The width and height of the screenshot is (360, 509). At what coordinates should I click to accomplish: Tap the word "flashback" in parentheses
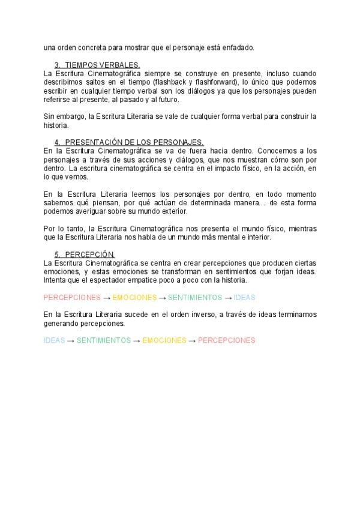click(170, 82)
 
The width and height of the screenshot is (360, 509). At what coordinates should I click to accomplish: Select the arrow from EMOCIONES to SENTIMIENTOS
click(162, 297)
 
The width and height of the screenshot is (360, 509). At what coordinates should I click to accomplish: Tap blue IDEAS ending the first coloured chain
click(244, 297)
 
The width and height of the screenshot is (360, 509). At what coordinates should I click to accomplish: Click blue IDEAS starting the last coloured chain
click(54, 340)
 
